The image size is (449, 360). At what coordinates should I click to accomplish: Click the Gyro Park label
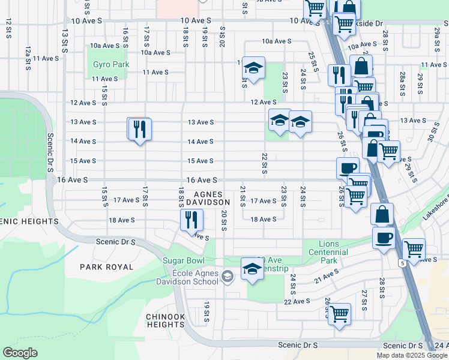click(x=108, y=64)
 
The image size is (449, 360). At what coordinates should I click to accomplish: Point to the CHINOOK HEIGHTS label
click(x=165, y=320)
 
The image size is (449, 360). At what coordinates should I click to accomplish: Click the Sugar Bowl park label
click(x=184, y=261)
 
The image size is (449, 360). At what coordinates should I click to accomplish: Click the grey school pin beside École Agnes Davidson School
click(x=228, y=277)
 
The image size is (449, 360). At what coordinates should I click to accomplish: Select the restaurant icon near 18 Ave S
click(x=192, y=220)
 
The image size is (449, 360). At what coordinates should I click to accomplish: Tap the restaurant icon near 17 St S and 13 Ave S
click(x=139, y=128)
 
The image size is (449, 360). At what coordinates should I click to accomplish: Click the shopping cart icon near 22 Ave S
click(x=339, y=313)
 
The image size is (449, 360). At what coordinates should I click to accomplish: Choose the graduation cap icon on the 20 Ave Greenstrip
click(x=252, y=269)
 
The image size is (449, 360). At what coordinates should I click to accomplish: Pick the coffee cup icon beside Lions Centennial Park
click(x=383, y=238)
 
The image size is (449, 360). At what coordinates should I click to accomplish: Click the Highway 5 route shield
click(x=400, y=263)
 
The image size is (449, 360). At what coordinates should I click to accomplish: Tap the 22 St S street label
click(x=264, y=161)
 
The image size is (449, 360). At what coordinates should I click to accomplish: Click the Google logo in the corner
click(x=20, y=352)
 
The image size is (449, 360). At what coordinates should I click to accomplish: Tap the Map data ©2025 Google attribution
click(x=411, y=355)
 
